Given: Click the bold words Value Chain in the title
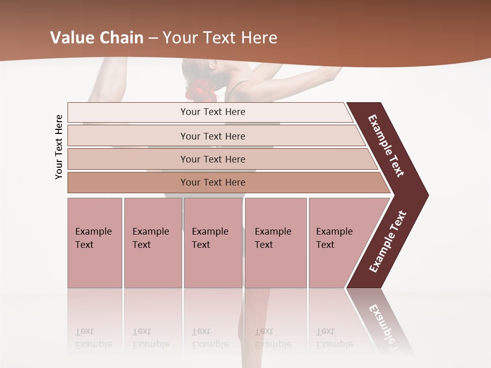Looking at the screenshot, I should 97,38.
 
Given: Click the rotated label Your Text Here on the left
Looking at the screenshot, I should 59,147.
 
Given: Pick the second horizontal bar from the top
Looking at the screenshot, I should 213,136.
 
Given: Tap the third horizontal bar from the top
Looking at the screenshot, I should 213,159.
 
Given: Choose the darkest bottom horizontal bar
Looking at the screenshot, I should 213,182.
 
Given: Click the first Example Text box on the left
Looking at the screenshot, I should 95,243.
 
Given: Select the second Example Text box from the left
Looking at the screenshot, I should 153,243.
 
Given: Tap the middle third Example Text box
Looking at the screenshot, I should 213,243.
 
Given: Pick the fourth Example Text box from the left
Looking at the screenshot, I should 276,243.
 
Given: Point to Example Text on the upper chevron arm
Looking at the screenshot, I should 386,146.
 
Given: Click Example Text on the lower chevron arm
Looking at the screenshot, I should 388,241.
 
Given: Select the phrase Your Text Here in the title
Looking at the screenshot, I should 220,38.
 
